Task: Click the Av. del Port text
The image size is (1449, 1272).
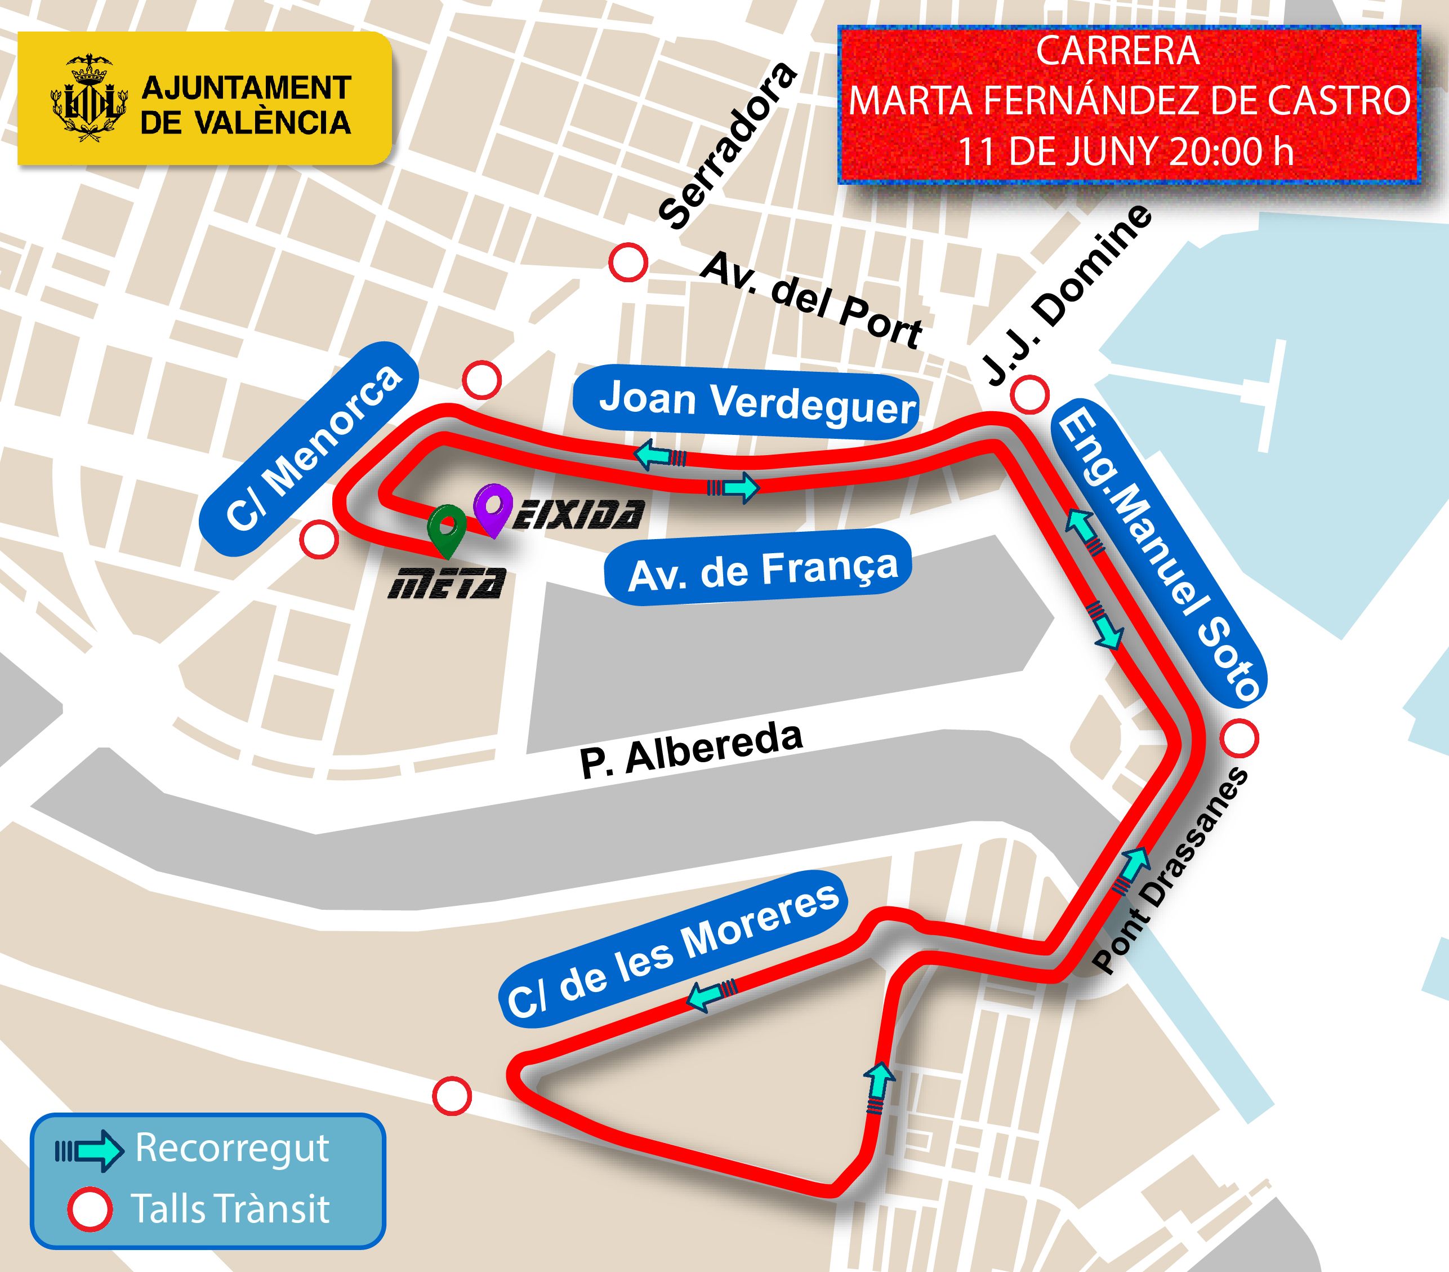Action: (811, 301)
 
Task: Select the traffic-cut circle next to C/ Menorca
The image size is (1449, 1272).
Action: (319, 540)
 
